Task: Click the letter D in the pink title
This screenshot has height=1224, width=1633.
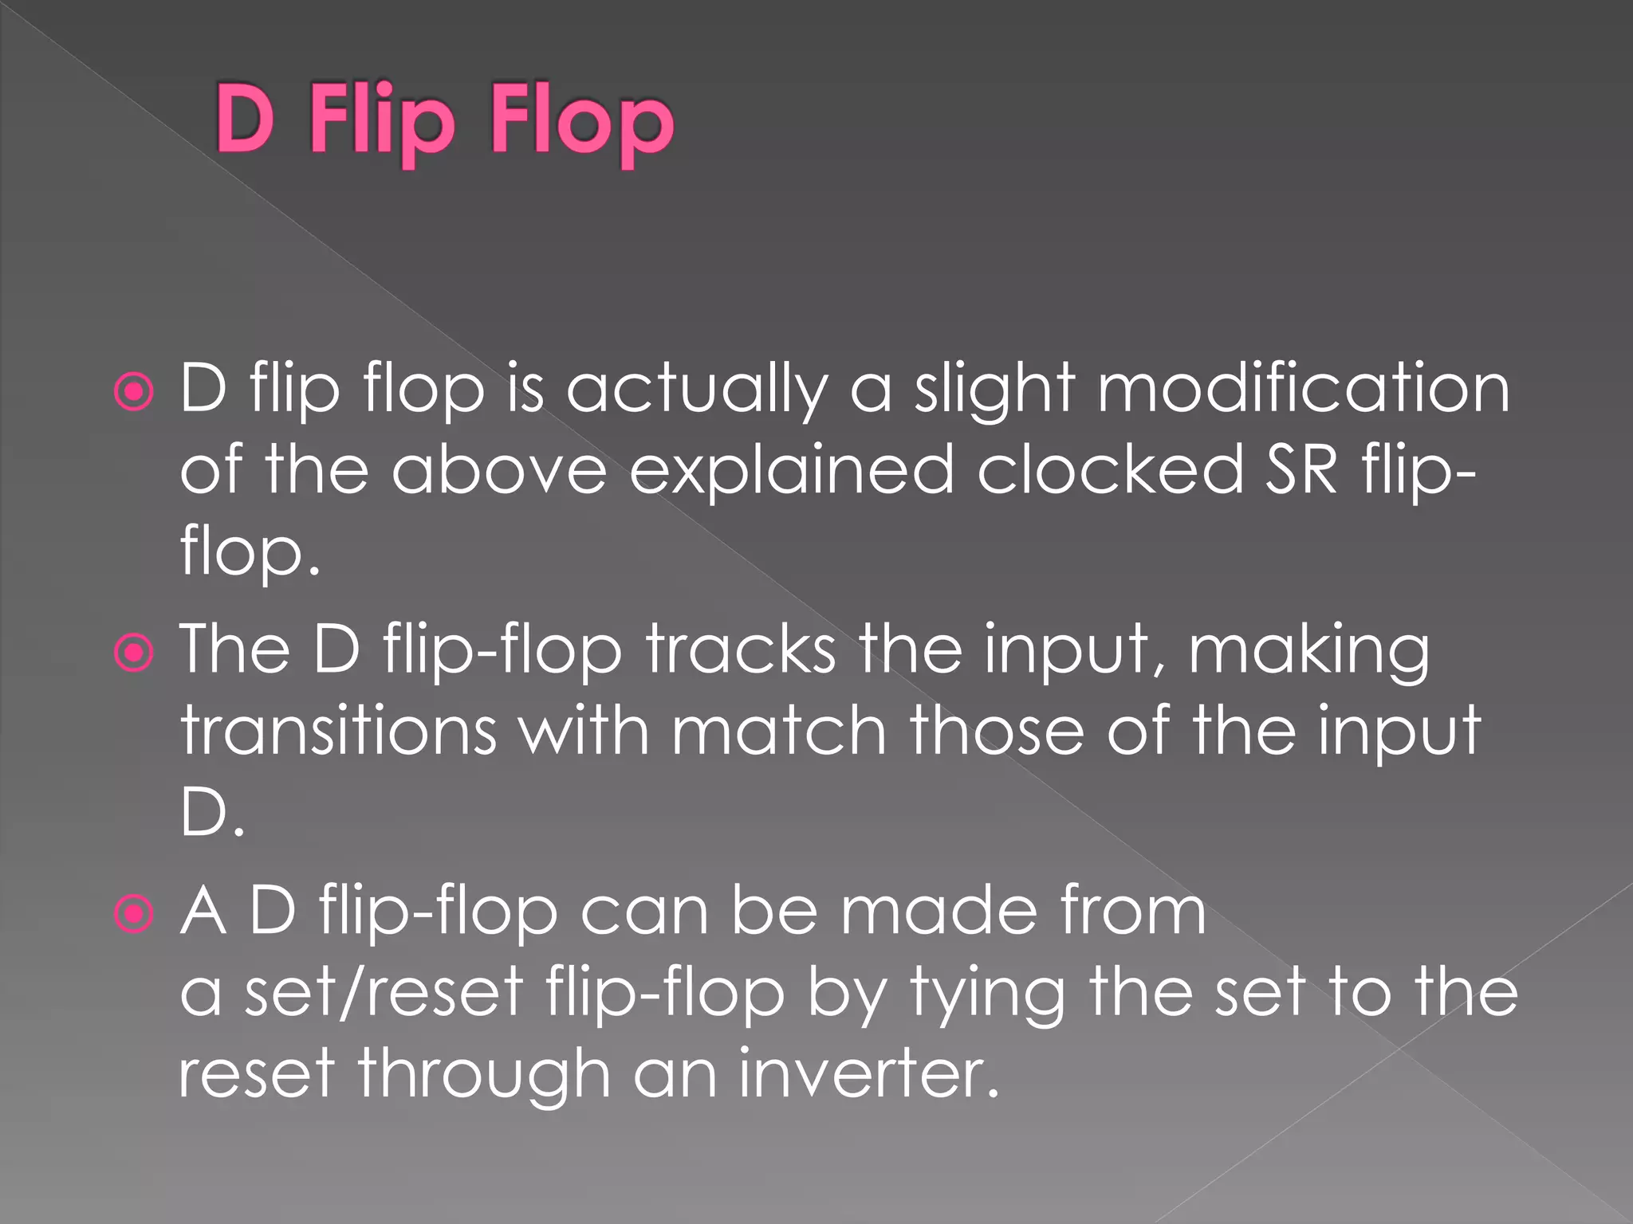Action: pos(245,120)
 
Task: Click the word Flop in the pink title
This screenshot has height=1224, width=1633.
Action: pos(583,124)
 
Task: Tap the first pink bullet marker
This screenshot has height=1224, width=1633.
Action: pos(134,391)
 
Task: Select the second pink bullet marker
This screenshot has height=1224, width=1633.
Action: pos(134,653)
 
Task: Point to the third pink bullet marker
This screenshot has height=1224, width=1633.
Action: pos(134,913)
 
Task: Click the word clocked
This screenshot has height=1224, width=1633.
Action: pos(1111,470)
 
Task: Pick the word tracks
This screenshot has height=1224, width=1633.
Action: pos(742,650)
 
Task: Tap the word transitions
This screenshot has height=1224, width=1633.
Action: pos(339,732)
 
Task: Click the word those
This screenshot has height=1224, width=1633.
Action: pos(997,732)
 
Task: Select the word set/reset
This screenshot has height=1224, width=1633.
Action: pos(384,993)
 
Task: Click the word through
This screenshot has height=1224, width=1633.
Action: pos(483,1076)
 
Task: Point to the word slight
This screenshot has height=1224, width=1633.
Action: pos(995,390)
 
